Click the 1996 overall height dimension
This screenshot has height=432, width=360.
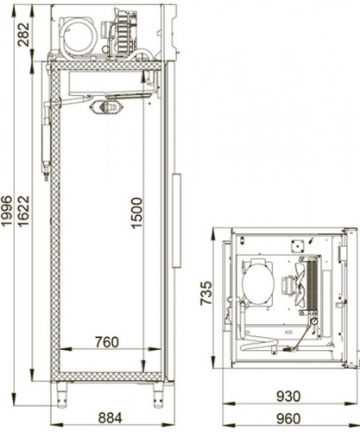(x=6, y=212)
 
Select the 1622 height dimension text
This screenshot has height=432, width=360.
(x=23, y=212)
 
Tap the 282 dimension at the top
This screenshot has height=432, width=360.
(x=23, y=35)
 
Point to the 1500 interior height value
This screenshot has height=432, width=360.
(x=136, y=213)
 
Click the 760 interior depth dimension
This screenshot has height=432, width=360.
(x=107, y=342)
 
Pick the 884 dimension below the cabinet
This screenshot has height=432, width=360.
(x=111, y=418)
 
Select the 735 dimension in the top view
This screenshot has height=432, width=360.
(x=206, y=293)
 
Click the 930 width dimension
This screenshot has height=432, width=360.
(x=288, y=397)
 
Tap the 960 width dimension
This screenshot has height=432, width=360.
(x=288, y=418)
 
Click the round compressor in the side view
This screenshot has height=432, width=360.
(x=79, y=36)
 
